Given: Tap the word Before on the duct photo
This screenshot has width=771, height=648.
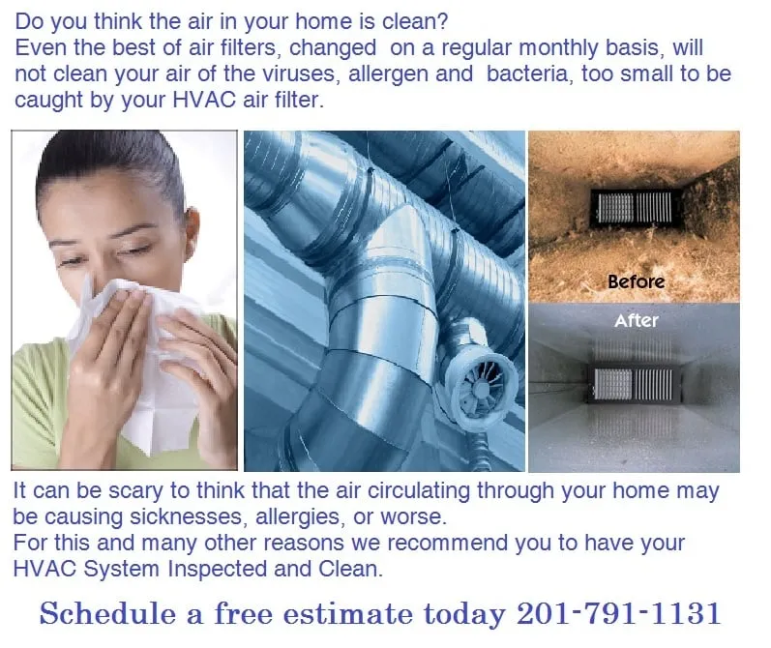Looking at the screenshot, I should tap(637, 281).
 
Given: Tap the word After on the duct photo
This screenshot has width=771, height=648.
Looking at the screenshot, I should tap(637, 320).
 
